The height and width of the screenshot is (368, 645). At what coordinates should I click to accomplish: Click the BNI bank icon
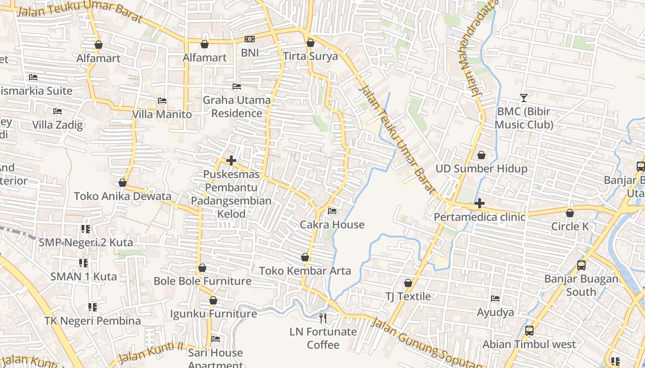pos(249,40)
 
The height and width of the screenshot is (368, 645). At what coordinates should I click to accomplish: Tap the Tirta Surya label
pos(310,57)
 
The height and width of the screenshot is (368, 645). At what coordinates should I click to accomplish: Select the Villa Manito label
pos(162,114)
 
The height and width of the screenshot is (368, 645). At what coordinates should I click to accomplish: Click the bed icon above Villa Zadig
pos(57,111)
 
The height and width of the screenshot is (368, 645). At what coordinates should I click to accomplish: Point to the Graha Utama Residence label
pos(237,106)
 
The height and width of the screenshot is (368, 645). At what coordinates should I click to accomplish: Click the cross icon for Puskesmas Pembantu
pos(231,161)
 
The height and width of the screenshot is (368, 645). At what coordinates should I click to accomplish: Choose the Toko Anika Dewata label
pos(123,196)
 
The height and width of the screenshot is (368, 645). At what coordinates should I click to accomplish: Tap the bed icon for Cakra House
pos(332,212)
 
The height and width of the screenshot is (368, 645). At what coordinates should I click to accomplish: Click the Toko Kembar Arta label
pos(305,271)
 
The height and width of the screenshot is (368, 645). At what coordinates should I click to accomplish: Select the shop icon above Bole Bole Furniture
pos(202,268)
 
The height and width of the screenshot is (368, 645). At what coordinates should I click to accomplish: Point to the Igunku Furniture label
pos(213,314)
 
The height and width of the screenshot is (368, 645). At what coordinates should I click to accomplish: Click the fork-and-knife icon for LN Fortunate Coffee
pos(323,318)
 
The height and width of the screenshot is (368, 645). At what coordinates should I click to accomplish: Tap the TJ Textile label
pos(408,296)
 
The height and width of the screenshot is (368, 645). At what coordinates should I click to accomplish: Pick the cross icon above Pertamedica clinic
pos(480,203)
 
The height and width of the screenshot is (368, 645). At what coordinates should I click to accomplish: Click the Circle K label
pos(570,226)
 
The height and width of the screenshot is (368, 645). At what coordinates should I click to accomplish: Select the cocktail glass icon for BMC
pos(524,98)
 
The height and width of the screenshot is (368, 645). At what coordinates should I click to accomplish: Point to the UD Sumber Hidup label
pos(481,169)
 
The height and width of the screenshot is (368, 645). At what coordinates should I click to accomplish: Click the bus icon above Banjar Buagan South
pos(581,265)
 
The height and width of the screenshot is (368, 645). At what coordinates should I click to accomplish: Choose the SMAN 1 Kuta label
pos(83,276)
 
